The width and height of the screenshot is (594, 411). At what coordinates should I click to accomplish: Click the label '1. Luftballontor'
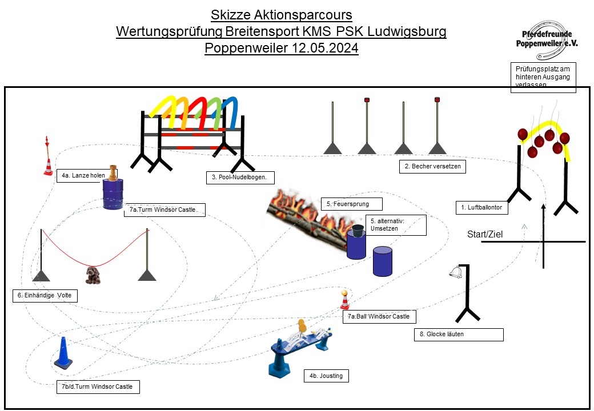tap(481, 208)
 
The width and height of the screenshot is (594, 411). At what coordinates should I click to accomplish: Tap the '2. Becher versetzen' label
tap(432, 167)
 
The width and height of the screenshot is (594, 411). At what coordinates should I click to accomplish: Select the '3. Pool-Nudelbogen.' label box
tap(240, 178)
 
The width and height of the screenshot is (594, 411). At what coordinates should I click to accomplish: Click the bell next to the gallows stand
tap(456, 273)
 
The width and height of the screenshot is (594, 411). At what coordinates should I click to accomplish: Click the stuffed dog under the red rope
tap(91, 275)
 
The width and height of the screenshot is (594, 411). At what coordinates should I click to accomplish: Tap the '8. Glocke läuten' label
tap(459, 335)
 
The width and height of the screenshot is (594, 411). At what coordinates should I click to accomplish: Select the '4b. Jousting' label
tap(326, 376)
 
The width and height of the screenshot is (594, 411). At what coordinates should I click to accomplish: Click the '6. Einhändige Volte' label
tap(45, 296)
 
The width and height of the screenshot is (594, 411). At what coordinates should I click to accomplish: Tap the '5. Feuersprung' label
tap(352, 203)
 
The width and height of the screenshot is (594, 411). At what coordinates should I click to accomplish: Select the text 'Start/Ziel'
tap(485, 234)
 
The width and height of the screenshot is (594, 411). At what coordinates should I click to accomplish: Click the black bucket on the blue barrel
tap(358, 231)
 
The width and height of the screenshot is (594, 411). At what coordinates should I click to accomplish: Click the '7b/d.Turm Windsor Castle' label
tap(98, 386)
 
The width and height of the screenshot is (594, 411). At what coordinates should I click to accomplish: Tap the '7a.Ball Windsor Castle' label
tap(379, 316)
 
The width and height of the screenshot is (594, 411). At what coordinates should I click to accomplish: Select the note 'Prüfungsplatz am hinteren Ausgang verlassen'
tap(542, 77)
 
